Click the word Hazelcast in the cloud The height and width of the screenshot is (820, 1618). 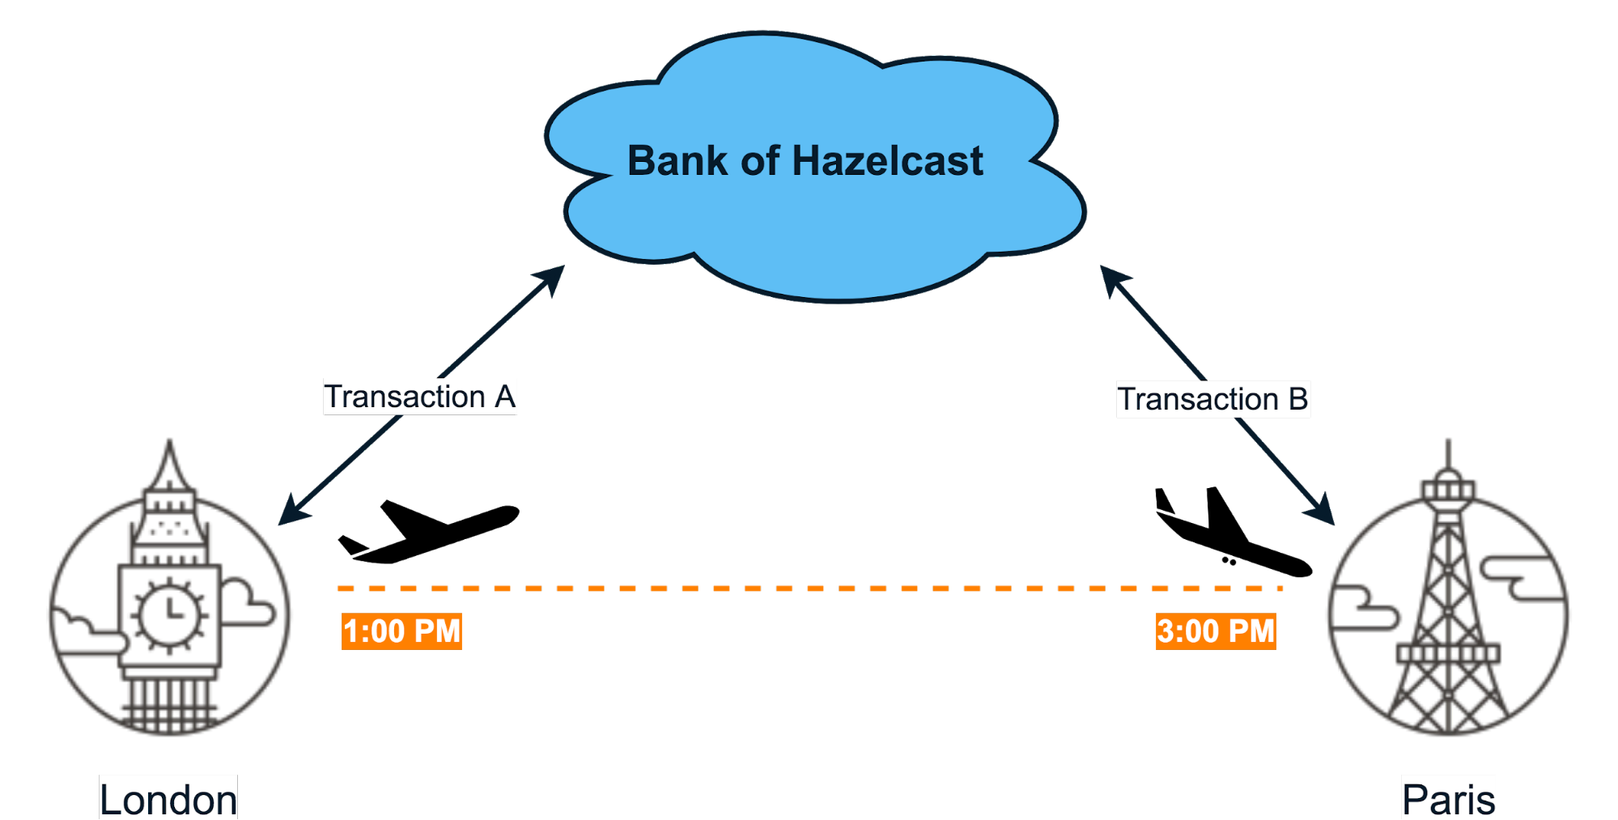pyautogui.click(x=887, y=161)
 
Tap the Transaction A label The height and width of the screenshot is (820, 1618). pyautogui.click(x=419, y=397)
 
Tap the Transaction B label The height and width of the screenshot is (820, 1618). pyautogui.click(x=1212, y=399)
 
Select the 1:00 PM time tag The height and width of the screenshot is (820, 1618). pyautogui.click(x=401, y=631)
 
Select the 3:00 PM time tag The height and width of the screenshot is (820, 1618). pyautogui.click(x=1216, y=631)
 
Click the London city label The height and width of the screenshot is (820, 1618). pyautogui.click(x=168, y=799)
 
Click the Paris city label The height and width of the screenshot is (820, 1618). pyautogui.click(x=1448, y=799)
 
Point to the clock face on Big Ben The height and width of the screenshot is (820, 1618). pyautogui.click(x=169, y=612)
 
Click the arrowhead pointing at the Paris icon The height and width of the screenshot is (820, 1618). pyautogui.click(x=1321, y=511)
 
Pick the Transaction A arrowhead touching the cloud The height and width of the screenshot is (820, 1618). pyautogui.click(x=552, y=276)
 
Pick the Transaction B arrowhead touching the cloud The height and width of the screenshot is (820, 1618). pyautogui.click(x=1112, y=278)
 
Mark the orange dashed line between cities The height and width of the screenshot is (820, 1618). pyautogui.click(x=809, y=588)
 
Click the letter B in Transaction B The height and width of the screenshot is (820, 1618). pyautogui.click(x=1297, y=399)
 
